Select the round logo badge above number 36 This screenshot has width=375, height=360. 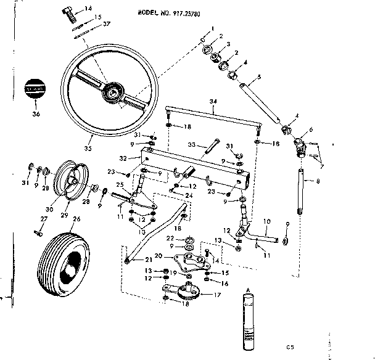coord(35,89)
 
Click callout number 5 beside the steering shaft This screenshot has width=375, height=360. coord(259,76)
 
